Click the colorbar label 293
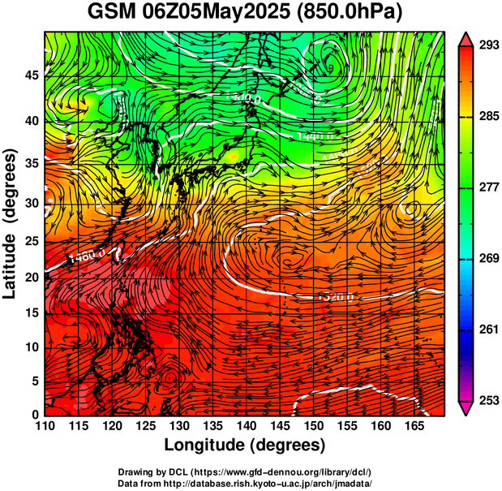(x=488, y=45)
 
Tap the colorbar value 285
(x=488, y=116)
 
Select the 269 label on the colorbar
(x=488, y=258)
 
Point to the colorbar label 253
(x=488, y=400)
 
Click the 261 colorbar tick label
(x=488, y=329)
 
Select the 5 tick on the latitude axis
(x=35, y=381)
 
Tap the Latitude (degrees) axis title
(x=11, y=223)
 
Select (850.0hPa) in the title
(x=350, y=13)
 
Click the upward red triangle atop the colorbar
(x=466, y=37)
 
